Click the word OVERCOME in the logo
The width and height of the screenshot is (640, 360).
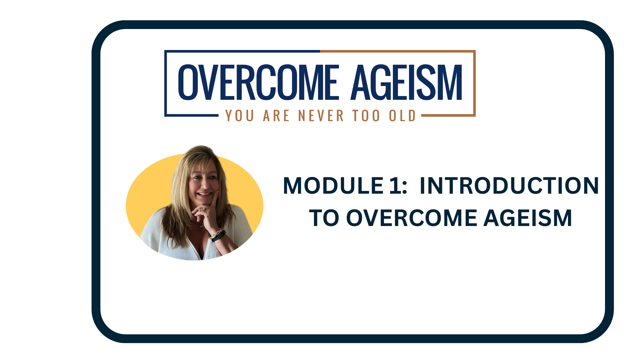coord(259,82)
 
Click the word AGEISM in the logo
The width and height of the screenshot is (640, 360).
coord(407,82)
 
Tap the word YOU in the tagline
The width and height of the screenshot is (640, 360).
coord(240,116)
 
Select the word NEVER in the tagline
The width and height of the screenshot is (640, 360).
coord(321,116)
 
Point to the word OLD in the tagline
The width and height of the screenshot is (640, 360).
coord(402,116)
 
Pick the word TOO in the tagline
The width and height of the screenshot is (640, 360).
coord(366,116)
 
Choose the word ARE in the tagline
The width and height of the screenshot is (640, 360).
coord(276,116)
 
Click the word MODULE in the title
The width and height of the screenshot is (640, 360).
coord(333,186)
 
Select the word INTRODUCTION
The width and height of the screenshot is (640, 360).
coord(509,186)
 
